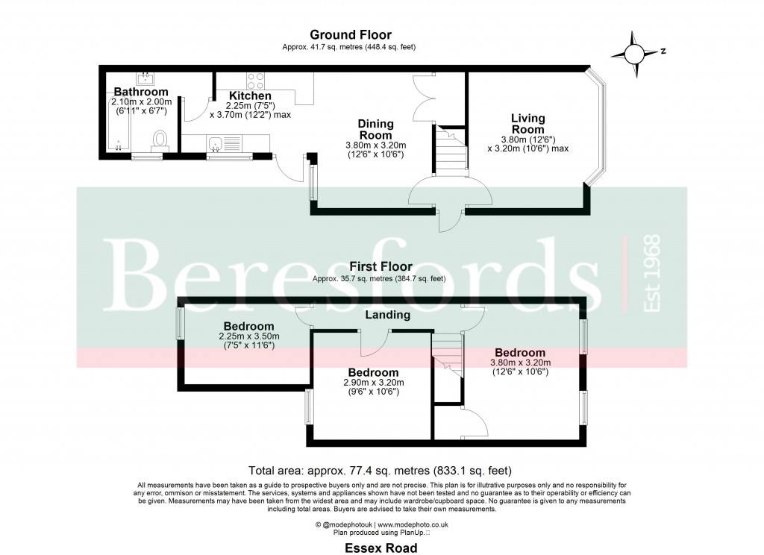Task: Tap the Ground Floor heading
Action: point(350,35)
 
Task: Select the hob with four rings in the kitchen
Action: point(255,80)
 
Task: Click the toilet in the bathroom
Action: point(160,140)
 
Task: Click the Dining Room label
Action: point(375,129)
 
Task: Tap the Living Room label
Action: point(527,124)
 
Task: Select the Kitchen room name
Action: point(249,95)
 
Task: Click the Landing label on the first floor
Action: point(387,316)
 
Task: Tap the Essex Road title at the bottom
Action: point(381,548)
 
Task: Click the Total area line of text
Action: point(381,471)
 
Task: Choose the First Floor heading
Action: point(380,267)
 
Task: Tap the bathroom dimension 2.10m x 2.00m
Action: point(141,102)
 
